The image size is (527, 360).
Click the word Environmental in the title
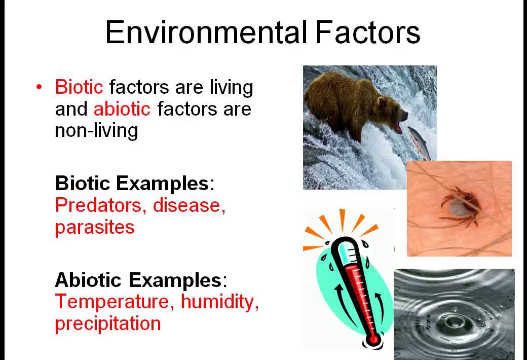(205, 33)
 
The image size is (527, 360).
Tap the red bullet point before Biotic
(39, 87)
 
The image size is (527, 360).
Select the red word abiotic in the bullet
(122, 109)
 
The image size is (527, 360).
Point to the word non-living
(96, 131)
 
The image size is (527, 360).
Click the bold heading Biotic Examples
(132, 183)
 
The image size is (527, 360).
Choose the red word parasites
(95, 227)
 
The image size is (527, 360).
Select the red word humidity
(218, 302)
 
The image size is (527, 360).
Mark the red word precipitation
(107, 323)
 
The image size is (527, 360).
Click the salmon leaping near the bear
(420, 141)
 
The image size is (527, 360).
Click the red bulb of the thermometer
(374, 338)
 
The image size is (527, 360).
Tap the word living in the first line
(231, 87)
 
